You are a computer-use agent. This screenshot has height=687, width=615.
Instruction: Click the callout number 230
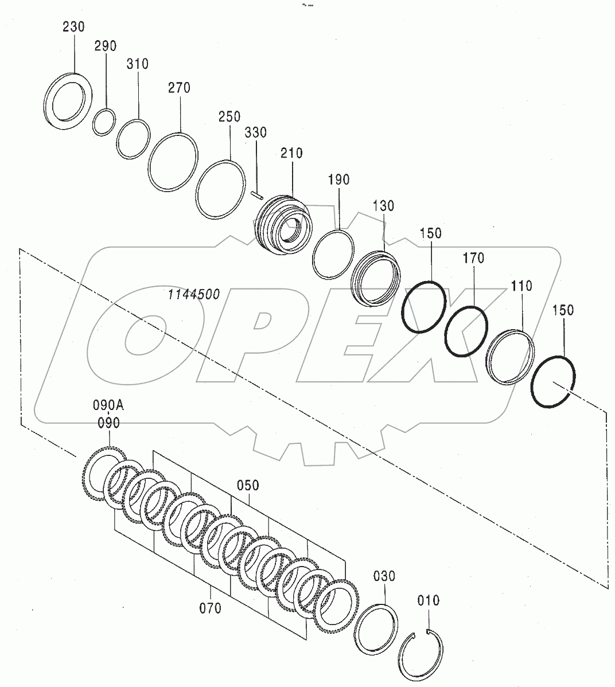pos(73,27)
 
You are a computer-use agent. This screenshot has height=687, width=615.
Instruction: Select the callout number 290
pos(106,46)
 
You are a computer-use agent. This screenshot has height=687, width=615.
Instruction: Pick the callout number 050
pos(248,486)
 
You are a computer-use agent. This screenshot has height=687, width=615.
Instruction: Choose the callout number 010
pos(429,600)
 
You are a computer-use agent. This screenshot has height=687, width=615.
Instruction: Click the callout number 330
pos(256,133)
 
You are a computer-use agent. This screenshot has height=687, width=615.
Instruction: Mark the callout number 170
pos(474,259)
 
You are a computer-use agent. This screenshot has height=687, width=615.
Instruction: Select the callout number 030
pos(384,576)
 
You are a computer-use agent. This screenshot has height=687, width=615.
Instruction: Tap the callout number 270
pos(180,88)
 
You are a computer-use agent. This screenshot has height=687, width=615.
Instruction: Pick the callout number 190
pos(338,180)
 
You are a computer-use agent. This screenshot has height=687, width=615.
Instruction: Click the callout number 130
pos(383,206)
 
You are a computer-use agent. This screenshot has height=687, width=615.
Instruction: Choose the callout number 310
pos(138,64)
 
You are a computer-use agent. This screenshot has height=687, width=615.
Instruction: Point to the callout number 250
pos(229,116)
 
